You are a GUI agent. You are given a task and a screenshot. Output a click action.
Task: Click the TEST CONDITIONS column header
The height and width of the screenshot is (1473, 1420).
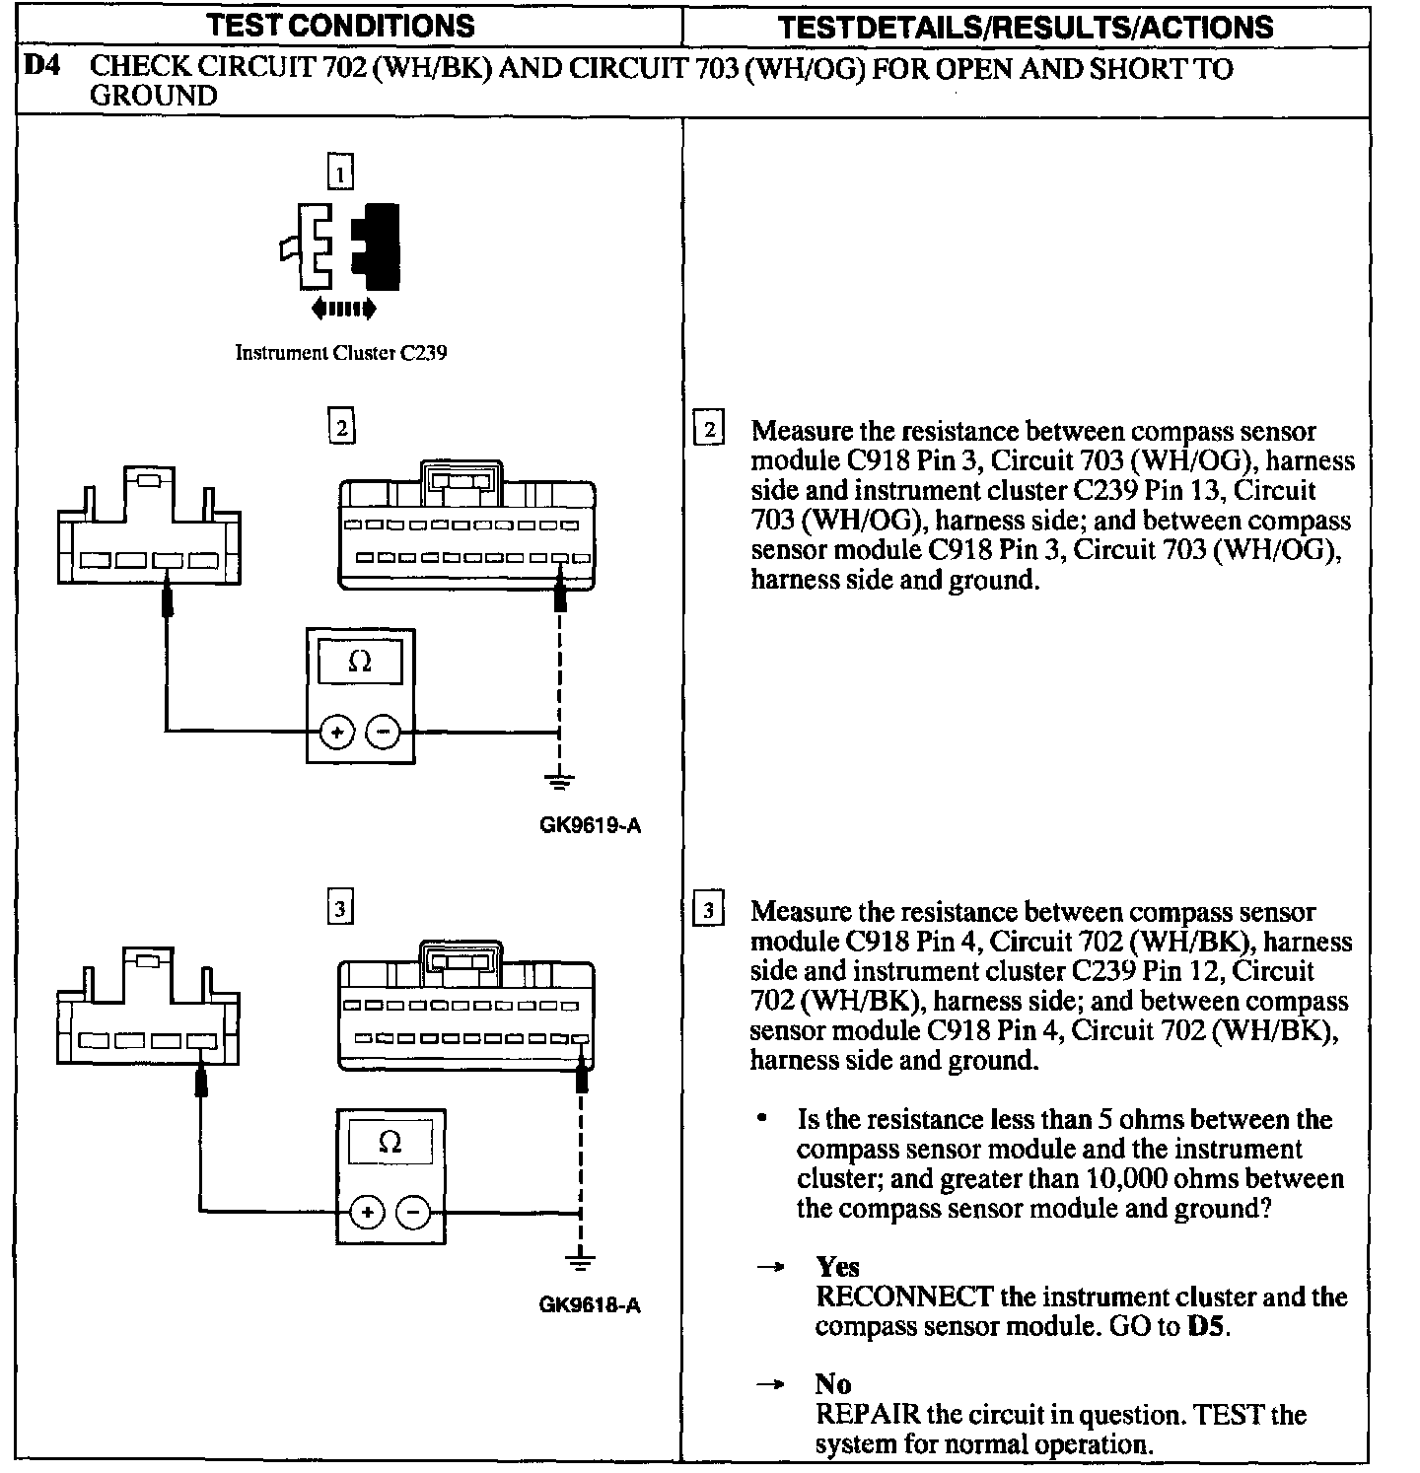(341, 25)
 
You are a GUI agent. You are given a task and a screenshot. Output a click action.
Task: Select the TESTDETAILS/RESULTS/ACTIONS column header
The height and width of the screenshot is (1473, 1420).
(1026, 27)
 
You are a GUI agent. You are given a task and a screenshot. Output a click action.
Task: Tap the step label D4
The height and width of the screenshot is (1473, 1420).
(41, 68)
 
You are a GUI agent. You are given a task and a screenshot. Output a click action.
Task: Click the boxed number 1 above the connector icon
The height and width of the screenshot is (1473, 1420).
(339, 175)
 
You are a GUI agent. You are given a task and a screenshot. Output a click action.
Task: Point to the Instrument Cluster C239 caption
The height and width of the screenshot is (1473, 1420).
(340, 353)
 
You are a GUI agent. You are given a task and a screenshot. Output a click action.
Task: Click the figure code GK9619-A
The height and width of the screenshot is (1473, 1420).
(590, 824)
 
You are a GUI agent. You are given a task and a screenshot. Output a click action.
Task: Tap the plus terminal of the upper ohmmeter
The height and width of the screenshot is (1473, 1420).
(337, 732)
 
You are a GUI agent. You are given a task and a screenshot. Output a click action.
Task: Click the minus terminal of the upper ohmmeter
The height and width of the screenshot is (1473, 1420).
(384, 732)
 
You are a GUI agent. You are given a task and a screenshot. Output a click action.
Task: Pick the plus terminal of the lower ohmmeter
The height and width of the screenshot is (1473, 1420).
(368, 1212)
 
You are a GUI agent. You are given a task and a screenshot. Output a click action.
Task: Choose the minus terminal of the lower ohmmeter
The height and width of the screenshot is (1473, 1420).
(414, 1212)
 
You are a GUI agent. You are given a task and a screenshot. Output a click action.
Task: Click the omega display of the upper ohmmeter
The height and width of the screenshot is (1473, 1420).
(360, 663)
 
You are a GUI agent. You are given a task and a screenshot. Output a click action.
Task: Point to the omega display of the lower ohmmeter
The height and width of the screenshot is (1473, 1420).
(390, 1143)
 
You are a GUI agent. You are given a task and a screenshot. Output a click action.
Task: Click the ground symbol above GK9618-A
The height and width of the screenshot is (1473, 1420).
(581, 1263)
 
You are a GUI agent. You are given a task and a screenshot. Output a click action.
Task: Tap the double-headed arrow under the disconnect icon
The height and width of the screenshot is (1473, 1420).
(342, 310)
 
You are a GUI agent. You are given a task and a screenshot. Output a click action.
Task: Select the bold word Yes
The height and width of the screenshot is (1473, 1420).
(837, 1267)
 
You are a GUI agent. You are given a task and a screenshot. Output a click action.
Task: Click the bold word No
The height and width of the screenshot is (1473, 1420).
(833, 1385)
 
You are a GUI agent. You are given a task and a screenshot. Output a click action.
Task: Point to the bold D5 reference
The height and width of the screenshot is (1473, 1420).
(1206, 1326)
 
